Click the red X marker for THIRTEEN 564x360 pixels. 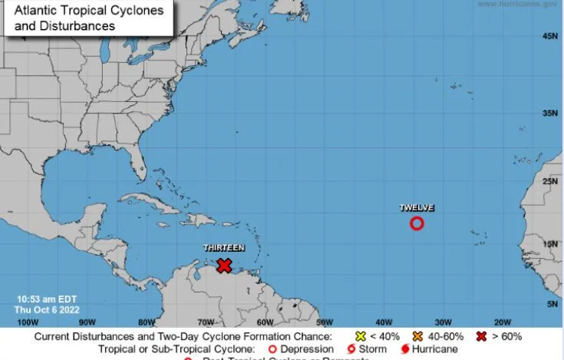[224, 266]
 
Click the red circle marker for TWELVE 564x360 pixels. [417, 223]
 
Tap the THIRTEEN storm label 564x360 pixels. [224, 248]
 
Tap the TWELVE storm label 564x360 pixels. [417, 208]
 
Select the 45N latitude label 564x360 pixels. [549, 36]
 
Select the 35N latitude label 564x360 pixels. [549, 113]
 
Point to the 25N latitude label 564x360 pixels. [549, 182]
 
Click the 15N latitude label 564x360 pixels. [549, 244]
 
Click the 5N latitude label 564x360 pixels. [552, 304]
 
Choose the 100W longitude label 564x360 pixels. [28, 322]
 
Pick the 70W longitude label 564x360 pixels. [206, 322]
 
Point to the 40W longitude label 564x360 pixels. [384, 322]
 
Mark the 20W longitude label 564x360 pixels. [503, 322]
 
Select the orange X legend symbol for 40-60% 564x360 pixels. [417, 336]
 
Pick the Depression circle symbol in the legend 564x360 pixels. [272, 349]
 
